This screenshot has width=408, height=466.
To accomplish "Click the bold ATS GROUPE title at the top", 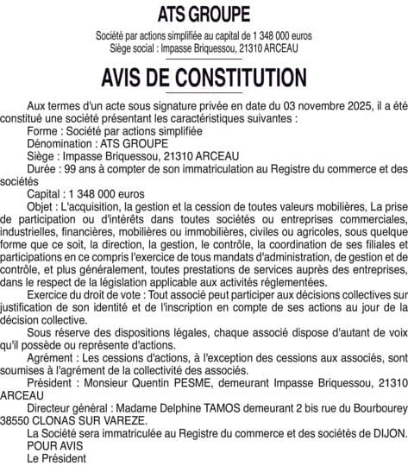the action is coord(204,14).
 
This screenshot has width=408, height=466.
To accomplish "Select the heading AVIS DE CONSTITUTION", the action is coord(204,78).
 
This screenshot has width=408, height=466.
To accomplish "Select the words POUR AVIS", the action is coord(54,446).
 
